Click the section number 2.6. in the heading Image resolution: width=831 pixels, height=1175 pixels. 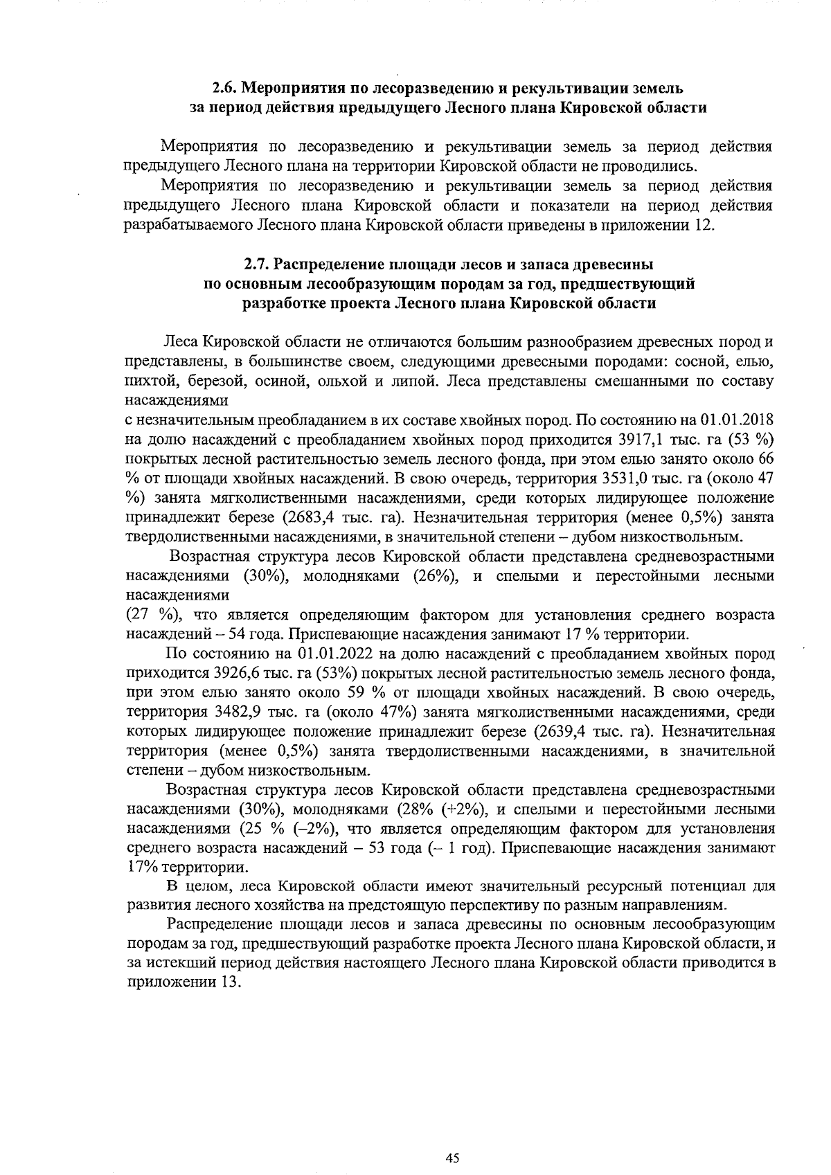[226, 89]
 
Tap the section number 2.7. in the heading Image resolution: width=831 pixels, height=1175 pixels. [258, 265]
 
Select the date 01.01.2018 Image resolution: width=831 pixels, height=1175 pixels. [736, 421]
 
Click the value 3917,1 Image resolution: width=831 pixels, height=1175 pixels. [642, 440]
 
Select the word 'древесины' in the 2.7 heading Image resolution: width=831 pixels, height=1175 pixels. [618, 265]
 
